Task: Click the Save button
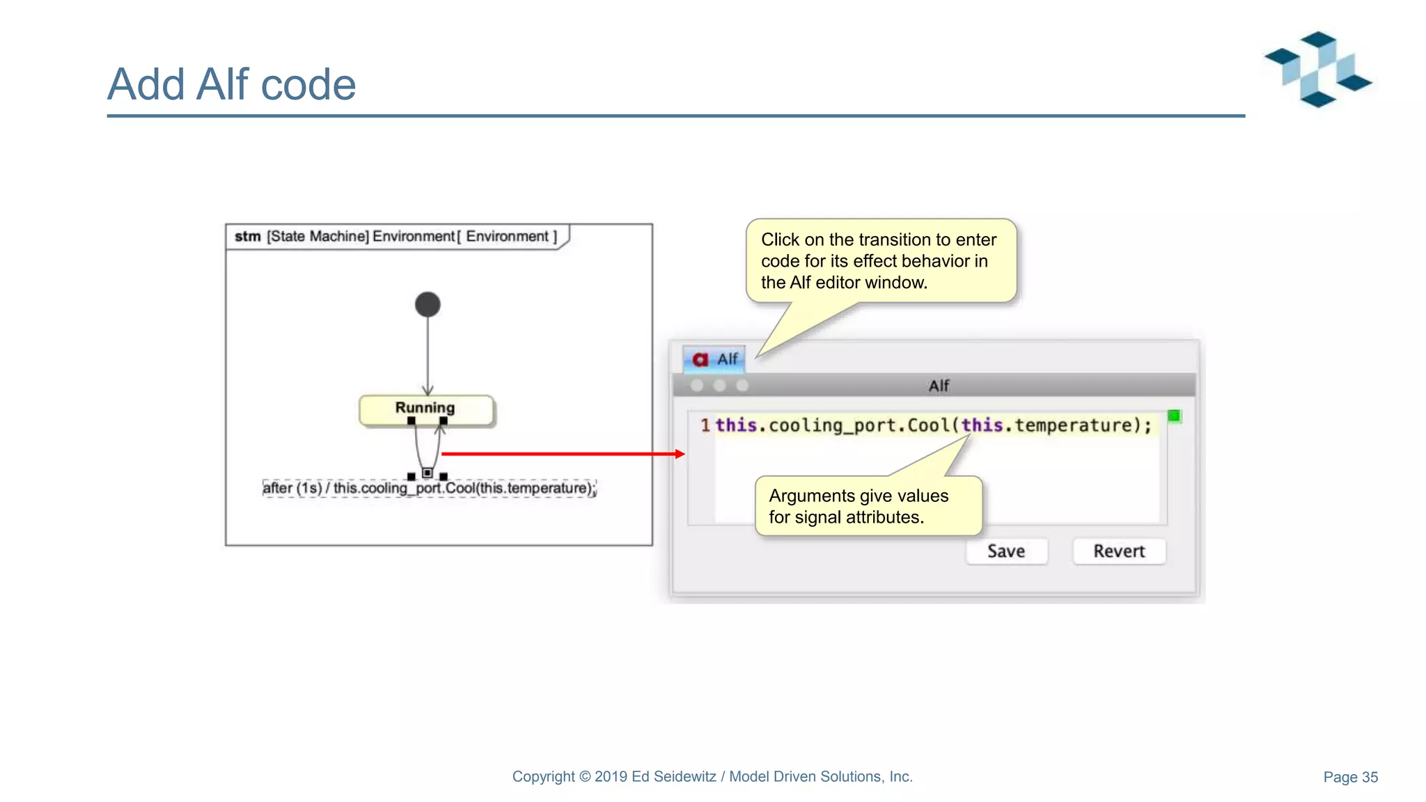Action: [x=1006, y=551]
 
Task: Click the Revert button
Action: [x=1118, y=551]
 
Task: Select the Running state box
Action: [x=425, y=409]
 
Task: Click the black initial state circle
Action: [x=428, y=304]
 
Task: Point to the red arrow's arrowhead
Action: [x=680, y=454]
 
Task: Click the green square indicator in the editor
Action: [x=1174, y=416]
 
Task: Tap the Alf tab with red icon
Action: [x=714, y=359]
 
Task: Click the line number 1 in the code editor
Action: [x=705, y=425]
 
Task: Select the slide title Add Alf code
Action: [x=231, y=84]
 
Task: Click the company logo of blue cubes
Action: [x=1318, y=70]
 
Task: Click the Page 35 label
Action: [x=1350, y=777]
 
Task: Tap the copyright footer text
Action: [x=712, y=776]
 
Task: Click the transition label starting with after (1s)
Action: [x=429, y=488]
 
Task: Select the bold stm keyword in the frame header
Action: [x=247, y=237]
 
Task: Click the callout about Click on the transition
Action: [x=880, y=260]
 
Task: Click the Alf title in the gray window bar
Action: [x=939, y=386]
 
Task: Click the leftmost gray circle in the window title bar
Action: [x=697, y=385]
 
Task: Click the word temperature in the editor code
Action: [x=1073, y=425]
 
